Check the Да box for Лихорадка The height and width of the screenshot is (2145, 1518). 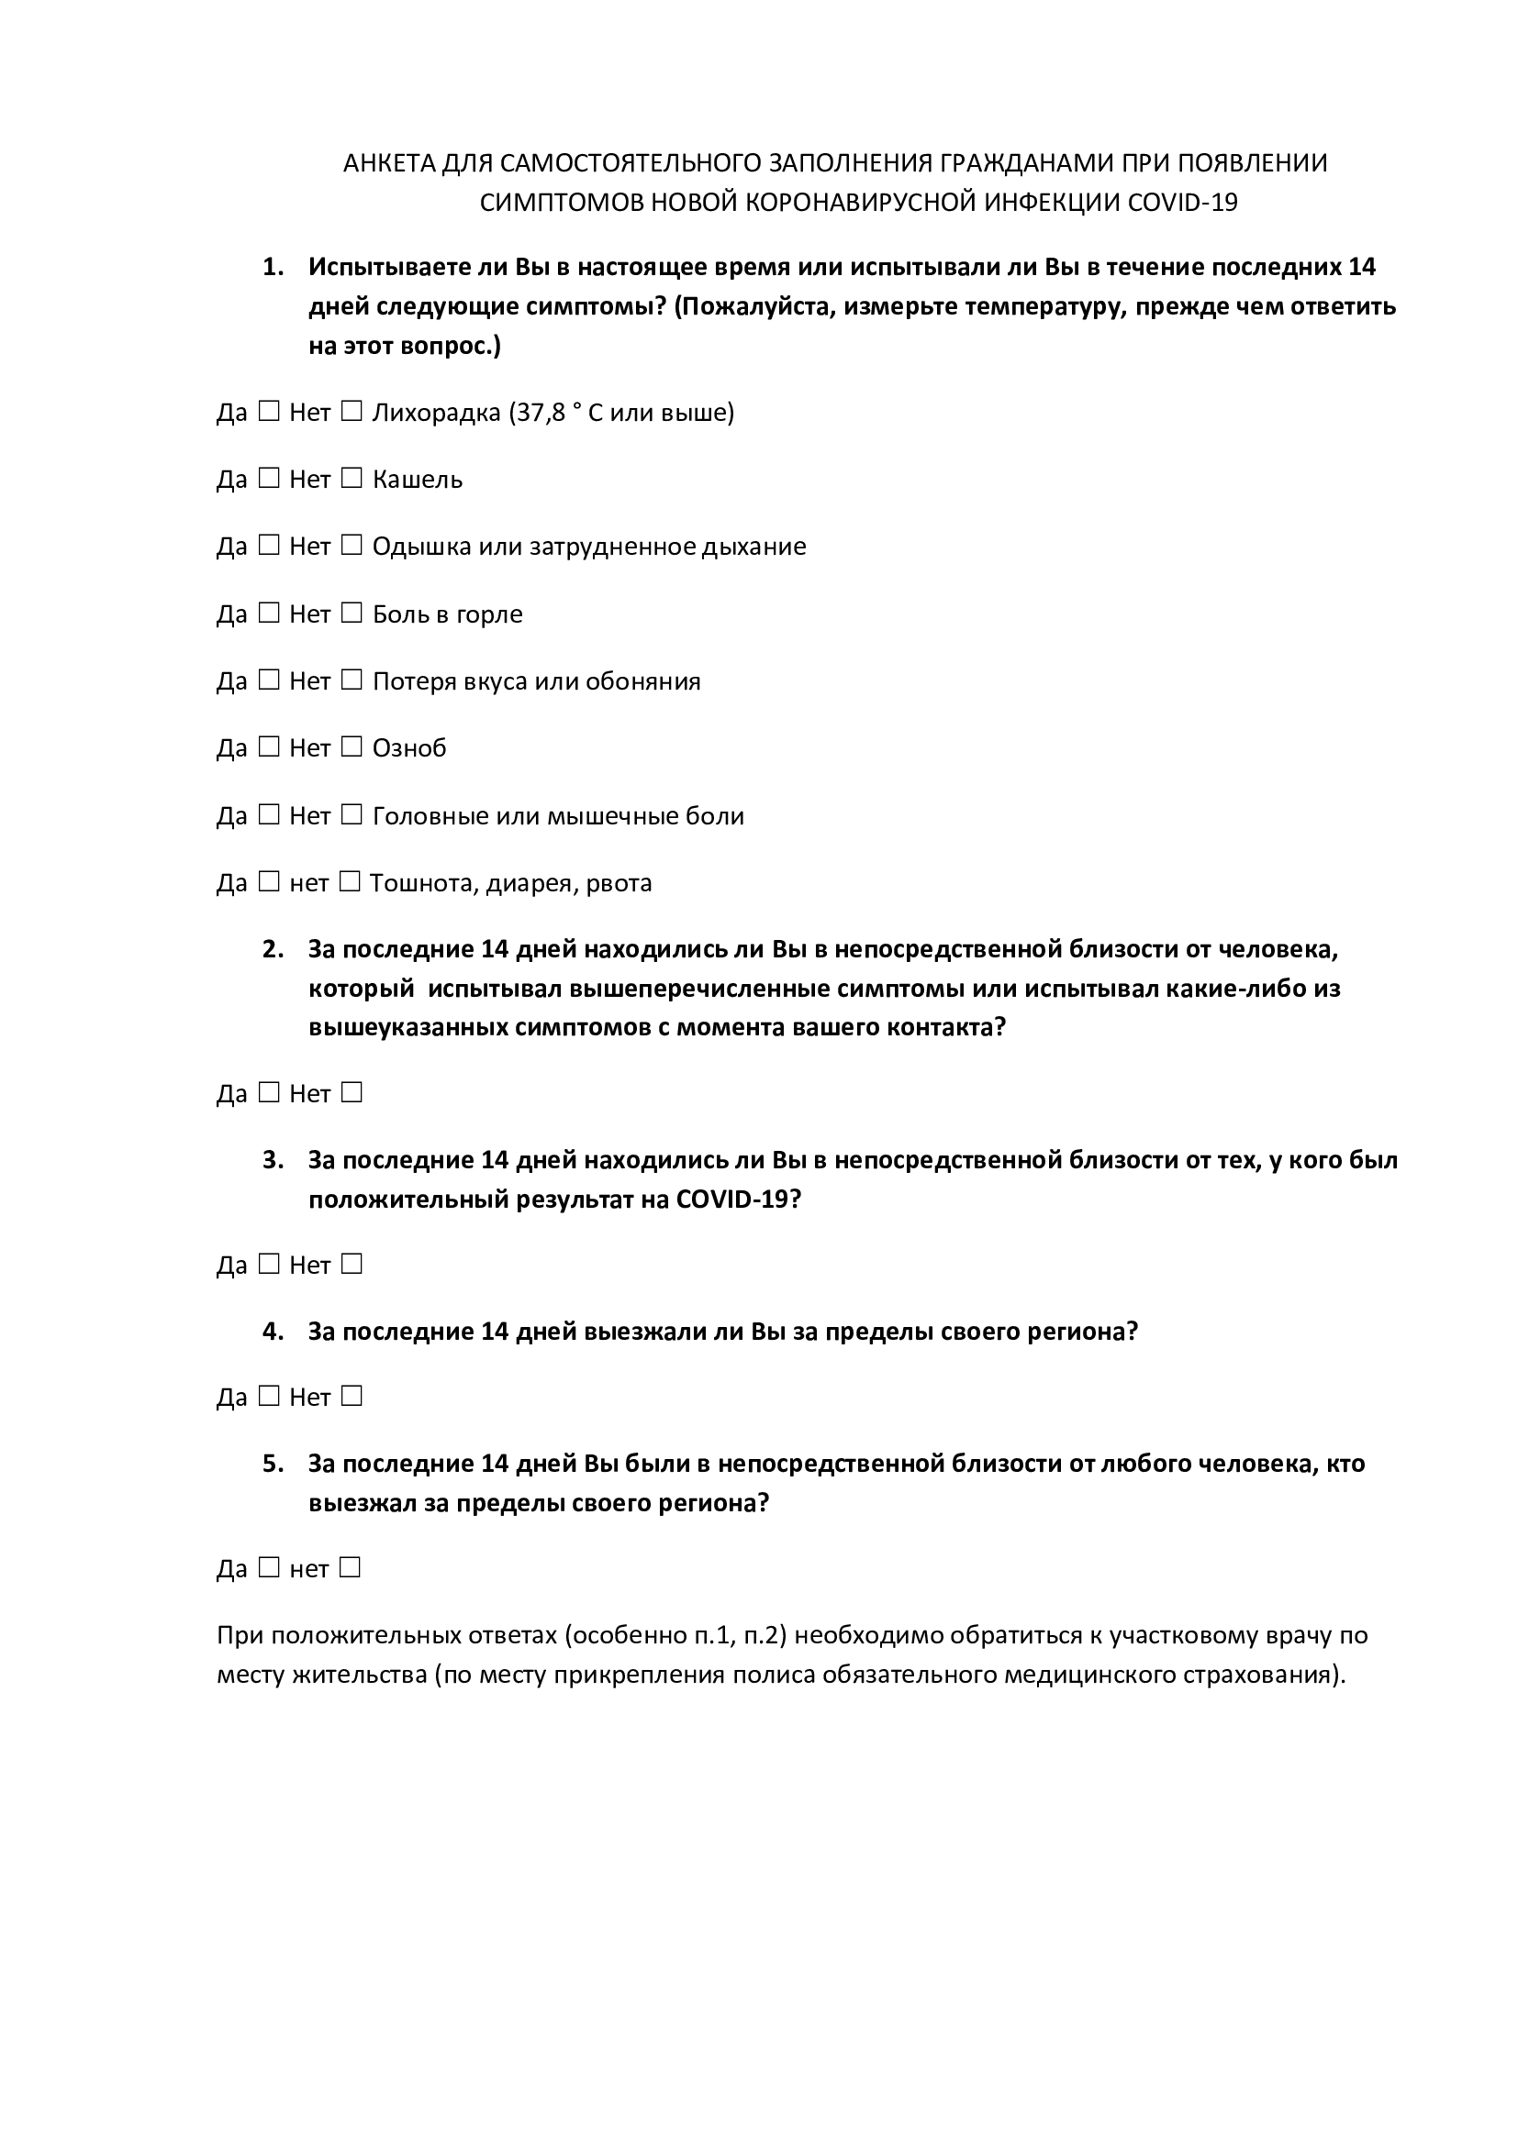tap(269, 411)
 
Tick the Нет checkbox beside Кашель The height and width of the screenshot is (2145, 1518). tap(352, 479)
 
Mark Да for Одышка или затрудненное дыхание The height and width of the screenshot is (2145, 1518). tap(269, 546)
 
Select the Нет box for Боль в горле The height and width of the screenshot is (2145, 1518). tap(352, 613)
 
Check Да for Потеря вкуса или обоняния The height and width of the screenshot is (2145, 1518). tap(269, 680)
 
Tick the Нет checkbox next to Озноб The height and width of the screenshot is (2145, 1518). tap(352, 747)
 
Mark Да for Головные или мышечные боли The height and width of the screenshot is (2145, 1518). tap(269, 814)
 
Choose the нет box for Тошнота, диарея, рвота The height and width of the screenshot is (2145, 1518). tap(350, 882)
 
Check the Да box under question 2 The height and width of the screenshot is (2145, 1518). tap(269, 1092)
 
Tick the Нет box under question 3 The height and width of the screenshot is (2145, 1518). tap(352, 1264)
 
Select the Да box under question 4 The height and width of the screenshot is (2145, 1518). tap(269, 1397)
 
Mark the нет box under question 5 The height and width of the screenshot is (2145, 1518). tap(350, 1567)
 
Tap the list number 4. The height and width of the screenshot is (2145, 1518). tap(272, 1332)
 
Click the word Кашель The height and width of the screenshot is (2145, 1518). tap(418, 481)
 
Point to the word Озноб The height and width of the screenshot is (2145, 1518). tap(409, 748)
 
